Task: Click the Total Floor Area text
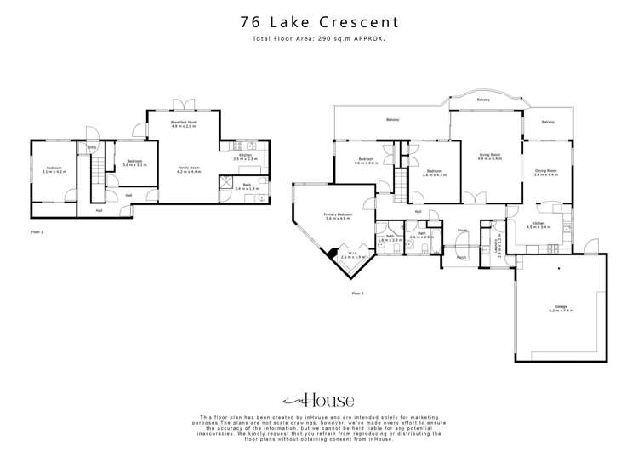point(318,39)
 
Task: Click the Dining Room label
point(545,173)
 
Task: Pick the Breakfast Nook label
point(184,124)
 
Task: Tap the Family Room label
point(188,169)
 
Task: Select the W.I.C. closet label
point(351,254)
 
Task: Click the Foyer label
point(462,231)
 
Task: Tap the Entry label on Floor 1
point(92,148)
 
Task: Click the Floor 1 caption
point(37,231)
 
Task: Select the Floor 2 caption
point(357,293)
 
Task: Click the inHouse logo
point(318,399)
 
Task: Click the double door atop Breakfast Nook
point(183,105)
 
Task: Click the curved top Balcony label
point(483,100)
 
